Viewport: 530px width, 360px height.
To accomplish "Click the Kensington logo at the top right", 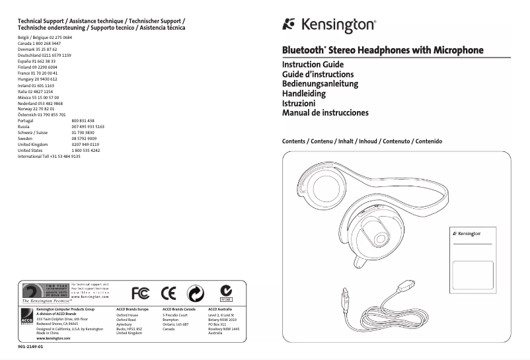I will pyautogui.click(x=329, y=26).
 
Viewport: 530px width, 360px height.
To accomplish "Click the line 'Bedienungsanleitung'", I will pyautogui.click(x=320, y=85).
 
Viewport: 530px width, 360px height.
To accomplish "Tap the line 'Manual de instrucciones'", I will pyautogui.click(x=325, y=113).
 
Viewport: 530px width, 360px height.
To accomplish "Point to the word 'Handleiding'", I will pyautogui.click(x=304, y=94).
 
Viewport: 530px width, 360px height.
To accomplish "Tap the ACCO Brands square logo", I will pyautogui.click(x=28, y=316).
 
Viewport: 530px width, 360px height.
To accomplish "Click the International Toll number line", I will pyautogui.click(x=49, y=156).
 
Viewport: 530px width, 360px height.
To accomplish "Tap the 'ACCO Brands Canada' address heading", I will pyautogui.click(x=179, y=308).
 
